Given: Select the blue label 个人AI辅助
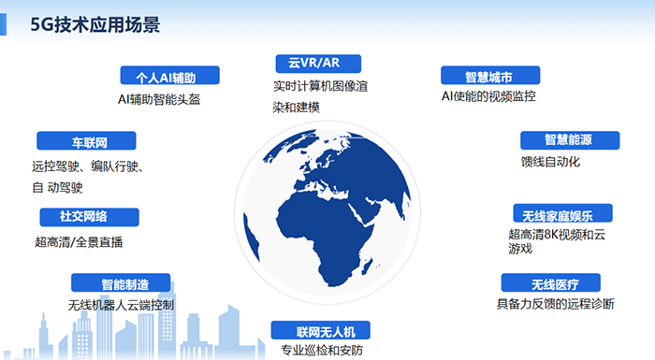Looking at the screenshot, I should pos(170,76).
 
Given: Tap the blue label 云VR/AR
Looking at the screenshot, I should pos(313,63).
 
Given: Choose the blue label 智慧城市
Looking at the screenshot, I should pos(488,76).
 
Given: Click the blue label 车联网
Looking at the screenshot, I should pos(86,141).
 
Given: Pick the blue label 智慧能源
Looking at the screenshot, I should pos(569,140).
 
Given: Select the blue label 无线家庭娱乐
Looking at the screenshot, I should pos(561,212).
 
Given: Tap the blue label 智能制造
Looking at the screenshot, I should pos(123,282).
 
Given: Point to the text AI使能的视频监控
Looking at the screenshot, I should pos(488,96).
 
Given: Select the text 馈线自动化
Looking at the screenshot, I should pos(551,162).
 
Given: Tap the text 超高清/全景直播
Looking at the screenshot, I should pos(79,241).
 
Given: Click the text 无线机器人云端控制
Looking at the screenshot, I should pos(122,305).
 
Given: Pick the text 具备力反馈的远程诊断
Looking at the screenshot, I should pos(556,304).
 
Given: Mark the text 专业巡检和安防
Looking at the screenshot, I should pos(321,351).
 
